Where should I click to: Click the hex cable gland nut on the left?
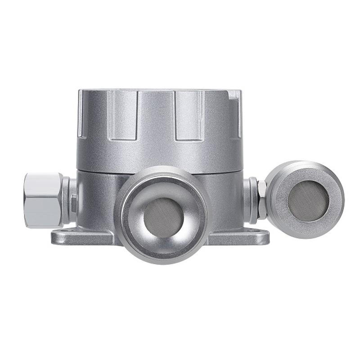tap(43, 199)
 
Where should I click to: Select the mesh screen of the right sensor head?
tap(308, 201)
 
